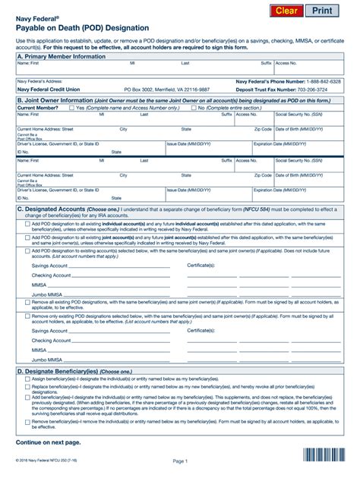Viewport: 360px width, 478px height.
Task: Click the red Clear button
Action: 286,11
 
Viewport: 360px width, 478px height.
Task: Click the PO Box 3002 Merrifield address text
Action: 167,88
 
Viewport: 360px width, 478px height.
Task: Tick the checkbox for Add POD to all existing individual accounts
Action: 27,225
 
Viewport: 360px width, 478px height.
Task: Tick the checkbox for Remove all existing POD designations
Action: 27,302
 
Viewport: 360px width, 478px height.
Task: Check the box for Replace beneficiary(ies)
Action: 27,387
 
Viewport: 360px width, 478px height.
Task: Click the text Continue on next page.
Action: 49,440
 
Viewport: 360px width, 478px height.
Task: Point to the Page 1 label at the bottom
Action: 179,461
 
